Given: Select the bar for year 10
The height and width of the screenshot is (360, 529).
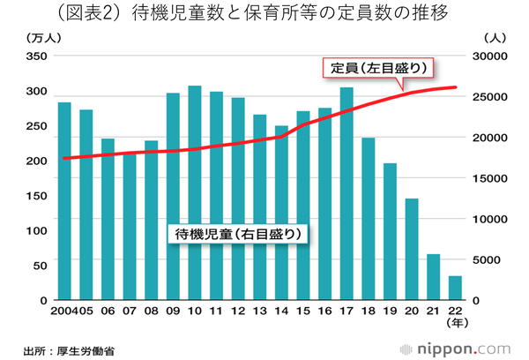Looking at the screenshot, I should pos(195,193).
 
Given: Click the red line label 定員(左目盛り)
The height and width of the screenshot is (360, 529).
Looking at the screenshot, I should pos(380,68).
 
